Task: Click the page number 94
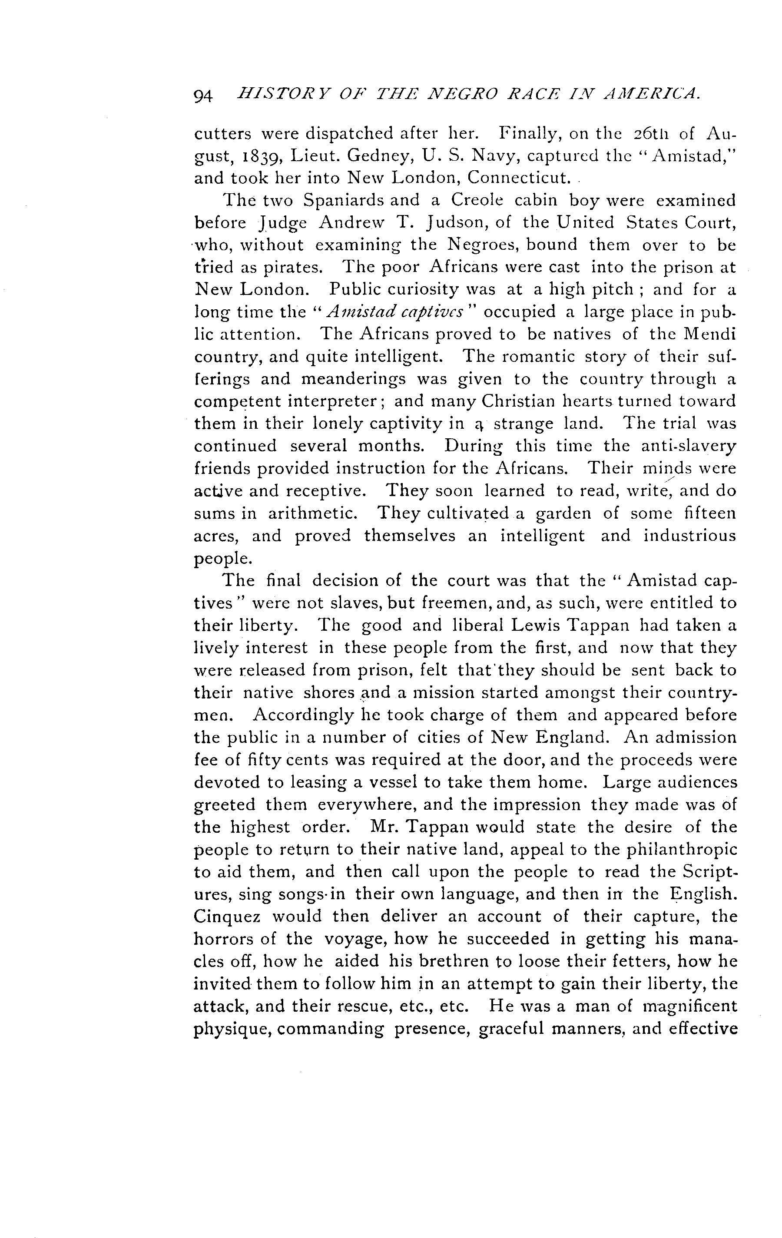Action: [203, 96]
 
